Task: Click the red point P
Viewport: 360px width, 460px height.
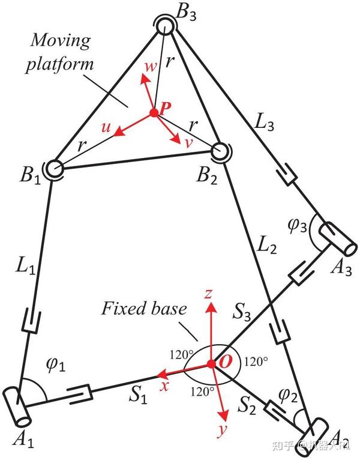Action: (x=154, y=112)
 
